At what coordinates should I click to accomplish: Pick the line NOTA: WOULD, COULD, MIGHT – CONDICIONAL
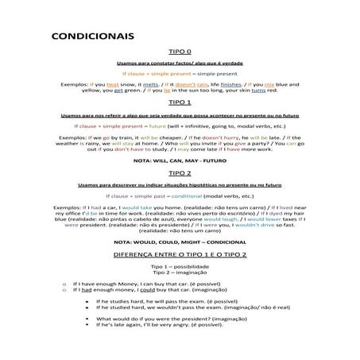tap(180, 241)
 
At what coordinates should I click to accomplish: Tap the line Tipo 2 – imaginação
tap(180, 273)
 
